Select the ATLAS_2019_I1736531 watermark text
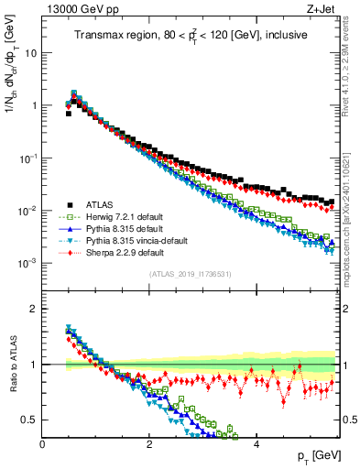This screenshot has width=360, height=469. [190, 274]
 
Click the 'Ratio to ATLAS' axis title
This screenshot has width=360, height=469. [15, 365]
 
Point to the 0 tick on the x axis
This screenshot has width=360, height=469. [43, 443]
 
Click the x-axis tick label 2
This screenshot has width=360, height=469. [149, 443]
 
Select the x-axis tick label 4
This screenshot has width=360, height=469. [256, 443]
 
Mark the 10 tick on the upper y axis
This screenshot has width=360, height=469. [29, 53]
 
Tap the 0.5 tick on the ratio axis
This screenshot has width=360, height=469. [27, 420]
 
